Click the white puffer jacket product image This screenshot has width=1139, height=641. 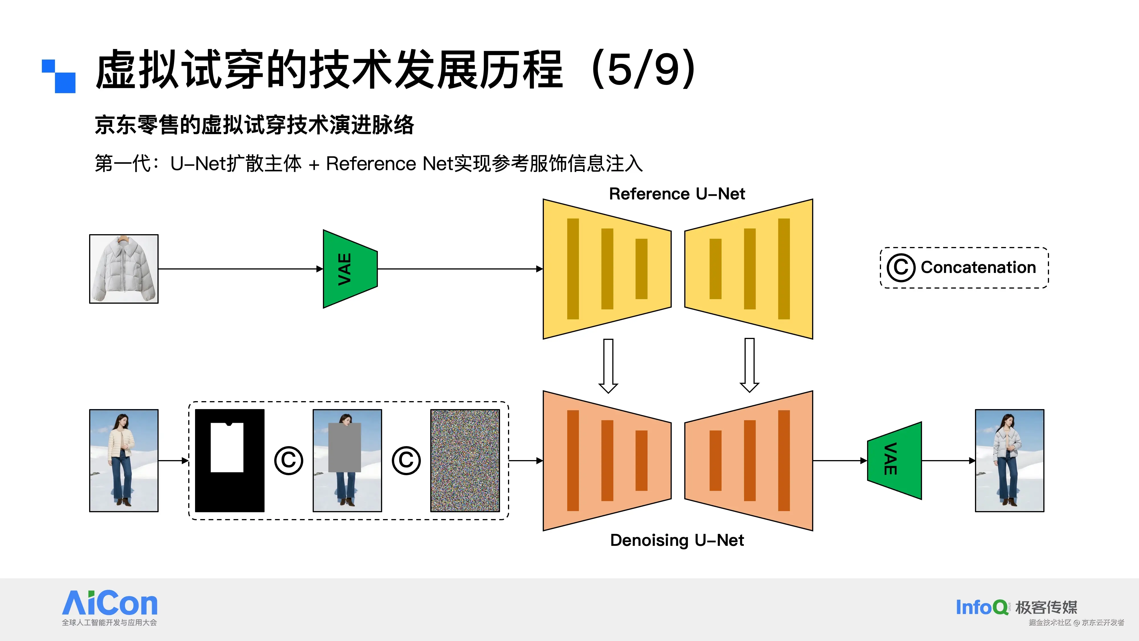click(x=124, y=269)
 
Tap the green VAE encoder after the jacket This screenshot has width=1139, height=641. click(x=350, y=269)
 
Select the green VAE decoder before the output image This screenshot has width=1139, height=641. click(x=894, y=460)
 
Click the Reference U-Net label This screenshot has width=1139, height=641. click(x=677, y=194)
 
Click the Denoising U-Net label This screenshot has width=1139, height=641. click(x=677, y=540)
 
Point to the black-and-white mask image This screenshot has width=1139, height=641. click(x=230, y=460)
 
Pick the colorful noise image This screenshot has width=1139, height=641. click(x=465, y=460)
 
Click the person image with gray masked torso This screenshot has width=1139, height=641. click(x=347, y=460)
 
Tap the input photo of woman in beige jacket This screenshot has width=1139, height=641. click(x=124, y=460)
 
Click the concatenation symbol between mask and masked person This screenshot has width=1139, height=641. click(x=288, y=460)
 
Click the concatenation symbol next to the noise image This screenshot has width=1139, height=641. click(x=406, y=460)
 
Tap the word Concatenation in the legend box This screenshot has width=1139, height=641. click(x=978, y=267)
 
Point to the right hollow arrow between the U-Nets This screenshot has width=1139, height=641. click(x=749, y=365)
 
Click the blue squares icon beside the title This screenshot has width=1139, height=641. click(x=59, y=76)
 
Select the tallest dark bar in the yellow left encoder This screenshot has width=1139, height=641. click(x=573, y=269)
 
